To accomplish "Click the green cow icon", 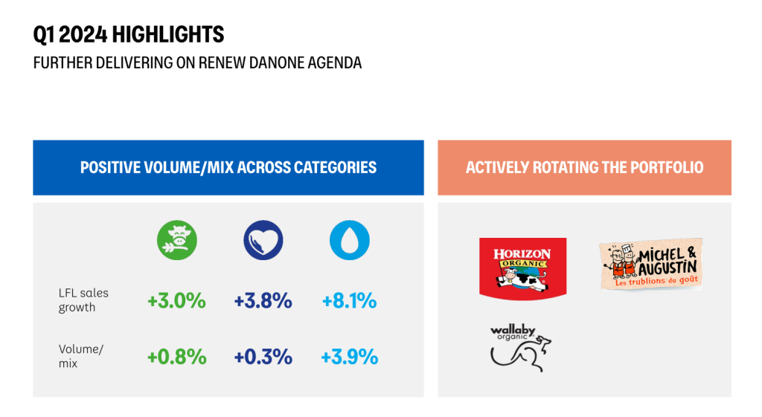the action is point(177,240).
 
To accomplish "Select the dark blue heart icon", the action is point(263,240).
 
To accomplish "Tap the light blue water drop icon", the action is point(350,240).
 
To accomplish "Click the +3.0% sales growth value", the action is point(177,301).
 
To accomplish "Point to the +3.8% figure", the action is point(263,301).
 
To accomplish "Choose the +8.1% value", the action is point(350,301).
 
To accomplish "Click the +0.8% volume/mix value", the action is point(177,358).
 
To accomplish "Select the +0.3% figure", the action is point(263,358).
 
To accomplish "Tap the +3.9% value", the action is point(350,358).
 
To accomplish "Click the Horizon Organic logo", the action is point(523,268).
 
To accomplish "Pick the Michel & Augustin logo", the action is point(651,265).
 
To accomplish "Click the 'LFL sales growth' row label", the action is point(83,300).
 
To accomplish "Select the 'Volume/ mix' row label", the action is point(81,356).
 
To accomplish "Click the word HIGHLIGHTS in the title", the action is point(168,34).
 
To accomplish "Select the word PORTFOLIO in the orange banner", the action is point(667,167).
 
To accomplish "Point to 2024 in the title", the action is point(83,34).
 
